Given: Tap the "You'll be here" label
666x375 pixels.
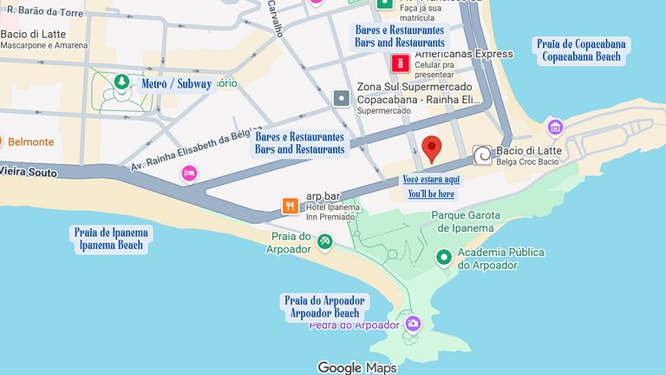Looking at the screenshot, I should [431, 194].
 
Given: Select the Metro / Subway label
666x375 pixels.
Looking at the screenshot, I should [176, 84].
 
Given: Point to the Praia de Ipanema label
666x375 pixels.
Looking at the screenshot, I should [112, 239].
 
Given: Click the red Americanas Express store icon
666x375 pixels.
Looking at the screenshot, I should [400, 62].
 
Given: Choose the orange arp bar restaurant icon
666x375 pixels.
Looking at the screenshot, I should [290, 207].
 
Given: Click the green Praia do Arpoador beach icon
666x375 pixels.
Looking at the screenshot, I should [324, 241].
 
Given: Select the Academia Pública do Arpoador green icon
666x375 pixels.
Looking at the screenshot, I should [443, 257].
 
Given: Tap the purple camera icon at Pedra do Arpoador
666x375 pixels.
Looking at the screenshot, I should [413, 324].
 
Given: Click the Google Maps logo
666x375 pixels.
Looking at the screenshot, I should [356, 367].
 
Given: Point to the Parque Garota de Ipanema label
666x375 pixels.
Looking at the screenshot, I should [466, 221].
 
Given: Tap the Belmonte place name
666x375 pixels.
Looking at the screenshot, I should [31, 141].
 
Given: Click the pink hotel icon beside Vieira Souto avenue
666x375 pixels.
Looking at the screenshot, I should [188, 174].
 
